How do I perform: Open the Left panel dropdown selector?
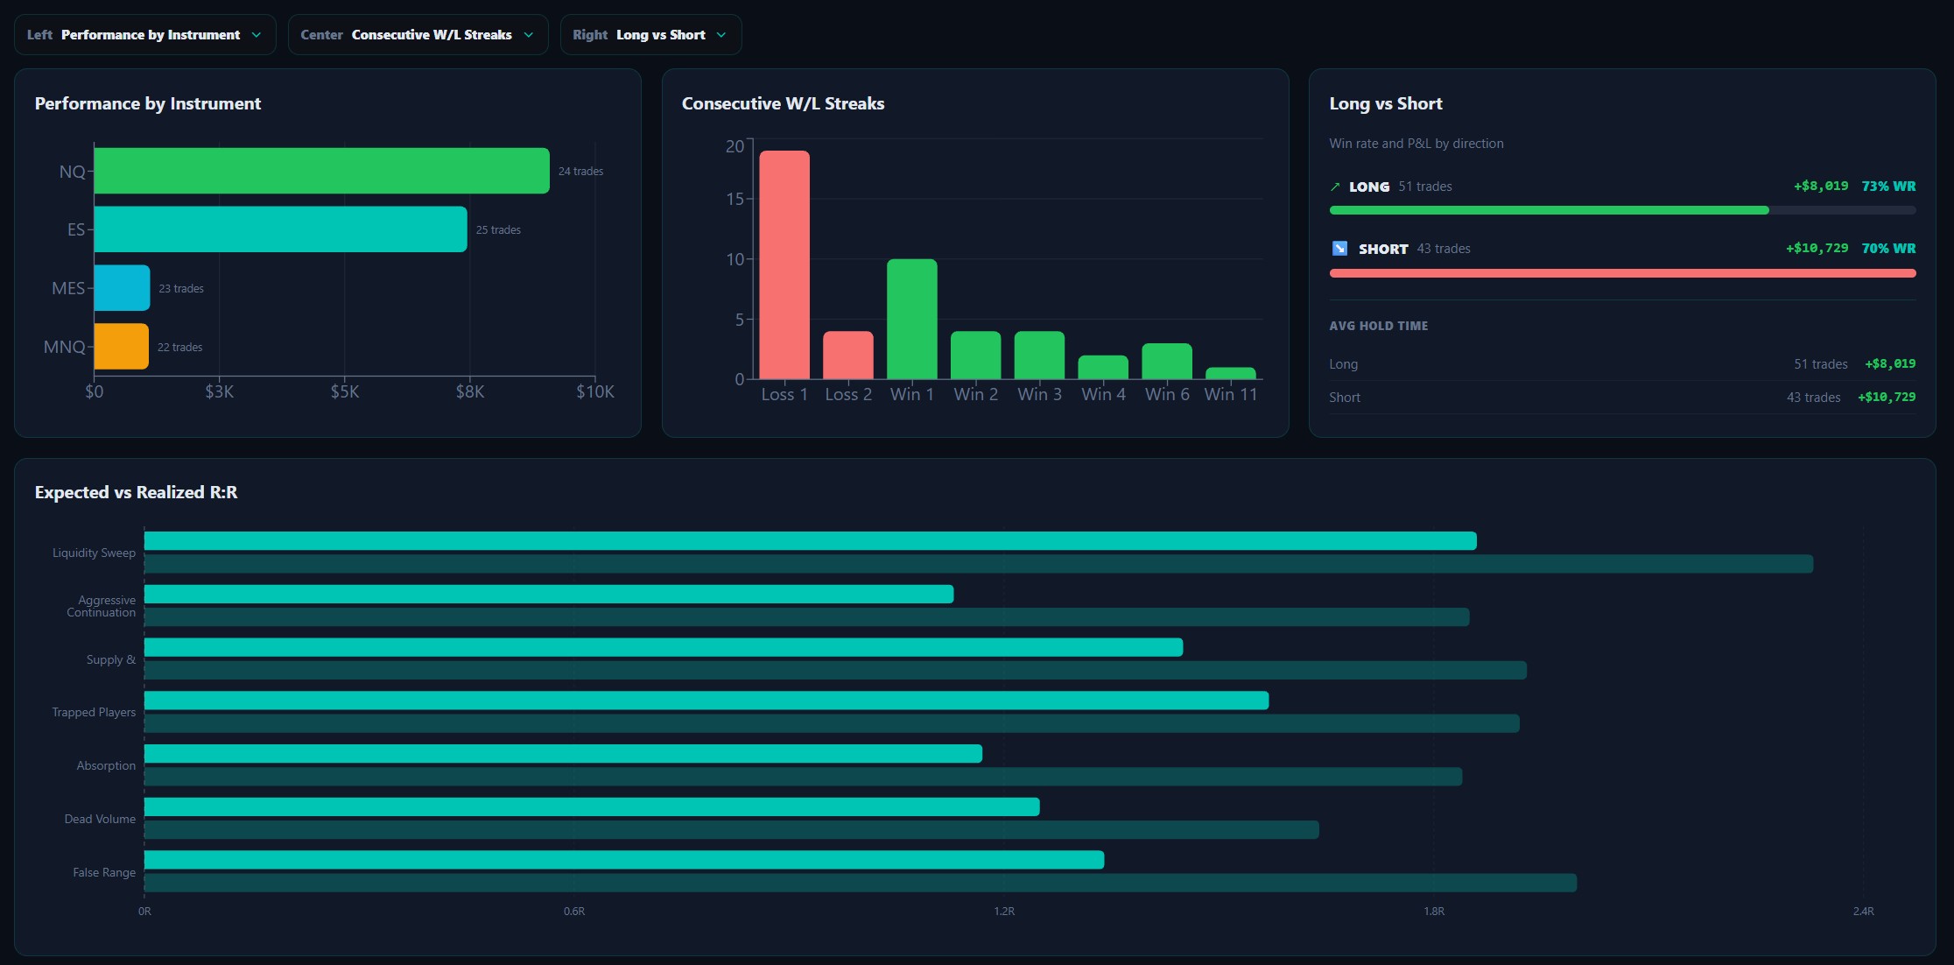pos(144,35)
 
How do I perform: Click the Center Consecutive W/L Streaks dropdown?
pos(418,35)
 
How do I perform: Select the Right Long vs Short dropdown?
pos(650,35)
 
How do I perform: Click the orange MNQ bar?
pos(121,347)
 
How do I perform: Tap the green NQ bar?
pos(321,171)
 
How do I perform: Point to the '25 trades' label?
pos(498,230)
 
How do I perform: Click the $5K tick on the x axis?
pos(345,391)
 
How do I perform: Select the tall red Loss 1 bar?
pos(784,264)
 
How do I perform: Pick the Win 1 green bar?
pos(912,319)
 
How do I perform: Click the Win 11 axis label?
pos(1231,394)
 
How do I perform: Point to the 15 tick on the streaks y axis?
pos(735,199)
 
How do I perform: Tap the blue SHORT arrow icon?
pos(1339,249)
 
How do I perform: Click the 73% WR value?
pos(1888,187)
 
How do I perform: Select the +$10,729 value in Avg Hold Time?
pos(1887,398)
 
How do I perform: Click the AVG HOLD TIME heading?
pos(1379,326)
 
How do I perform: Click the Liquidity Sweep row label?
pos(94,553)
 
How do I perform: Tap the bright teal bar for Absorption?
pos(563,754)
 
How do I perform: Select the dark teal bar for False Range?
pos(861,883)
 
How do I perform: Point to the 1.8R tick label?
pos(1434,912)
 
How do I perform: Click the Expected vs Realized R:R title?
pos(137,492)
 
